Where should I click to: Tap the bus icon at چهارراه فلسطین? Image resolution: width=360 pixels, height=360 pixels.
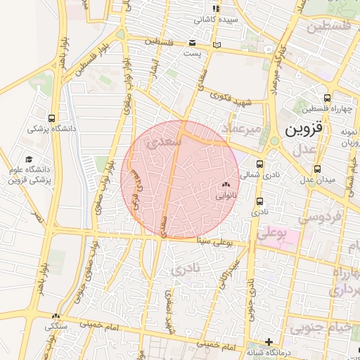coord(327,98)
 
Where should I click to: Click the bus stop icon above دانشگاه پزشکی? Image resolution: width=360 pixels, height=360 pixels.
coord(52,118)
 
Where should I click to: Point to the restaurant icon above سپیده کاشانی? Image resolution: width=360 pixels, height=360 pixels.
coord(217,8)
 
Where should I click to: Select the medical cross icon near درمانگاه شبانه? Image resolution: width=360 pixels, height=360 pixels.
coord(268,342)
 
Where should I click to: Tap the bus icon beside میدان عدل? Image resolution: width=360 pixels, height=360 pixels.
coord(318,169)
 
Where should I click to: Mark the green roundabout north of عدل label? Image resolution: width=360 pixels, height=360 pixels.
coord(274,141)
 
